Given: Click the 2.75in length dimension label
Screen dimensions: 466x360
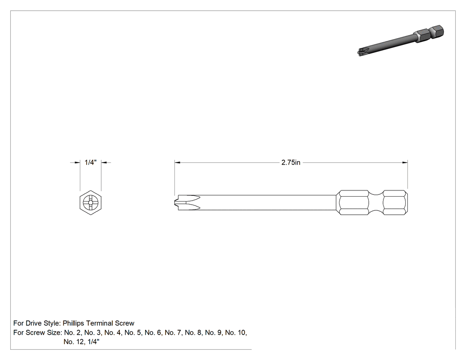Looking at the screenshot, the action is pyautogui.click(x=291, y=162).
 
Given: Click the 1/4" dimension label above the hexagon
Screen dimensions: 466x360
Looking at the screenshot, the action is pyautogui.click(x=91, y=162).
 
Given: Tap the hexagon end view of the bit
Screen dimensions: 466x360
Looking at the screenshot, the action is pyautogui.click(x=91, y=203).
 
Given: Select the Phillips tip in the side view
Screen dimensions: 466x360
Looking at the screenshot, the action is pyautogui.click(x=187, y=202).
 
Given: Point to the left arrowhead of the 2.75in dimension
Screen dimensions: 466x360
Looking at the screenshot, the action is pyautogui.click(x=178, y=162).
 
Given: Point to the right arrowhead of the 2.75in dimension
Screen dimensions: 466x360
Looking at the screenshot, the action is pyautogui.click(x=405, y=162).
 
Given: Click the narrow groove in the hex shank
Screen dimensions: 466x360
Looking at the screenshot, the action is pyautogui.click(x=376, y=202).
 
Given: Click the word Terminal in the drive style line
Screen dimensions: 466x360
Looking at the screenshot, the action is pyautogui.click(x=99, y=323).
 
